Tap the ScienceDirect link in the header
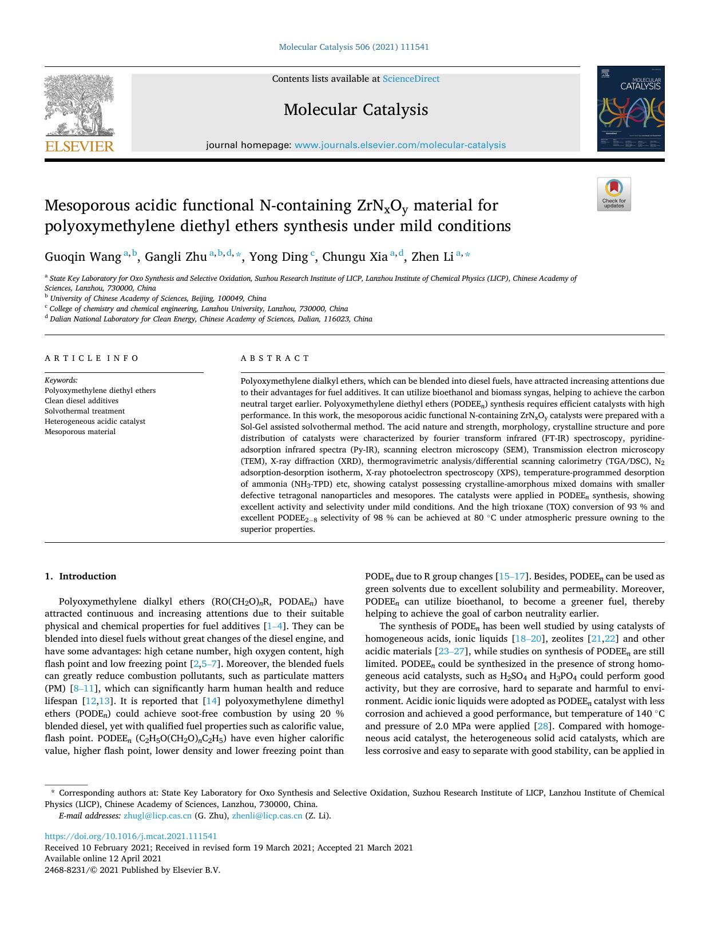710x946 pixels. tap(411, 79)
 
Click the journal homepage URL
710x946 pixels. tap(400, 145)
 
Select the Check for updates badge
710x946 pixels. tap(614, 194)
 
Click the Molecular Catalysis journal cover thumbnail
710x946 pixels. tap(630, 109)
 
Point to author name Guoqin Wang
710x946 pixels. tap(83, 257)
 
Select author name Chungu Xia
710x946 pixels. tap(355, 257)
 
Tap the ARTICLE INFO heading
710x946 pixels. tap(92, 359)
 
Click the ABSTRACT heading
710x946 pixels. tap(275, 359)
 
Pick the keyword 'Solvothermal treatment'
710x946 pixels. tap(85, 411)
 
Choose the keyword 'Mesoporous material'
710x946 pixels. tap(80, 432)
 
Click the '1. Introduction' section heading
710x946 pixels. tap(81, 577)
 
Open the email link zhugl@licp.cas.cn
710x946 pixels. tap(157, 816)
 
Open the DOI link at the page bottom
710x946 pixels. tap(131, 836)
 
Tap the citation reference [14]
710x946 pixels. tap(212, 701)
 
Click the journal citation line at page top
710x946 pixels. tap(354, 47)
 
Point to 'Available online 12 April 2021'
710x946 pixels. tap(103, 858)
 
